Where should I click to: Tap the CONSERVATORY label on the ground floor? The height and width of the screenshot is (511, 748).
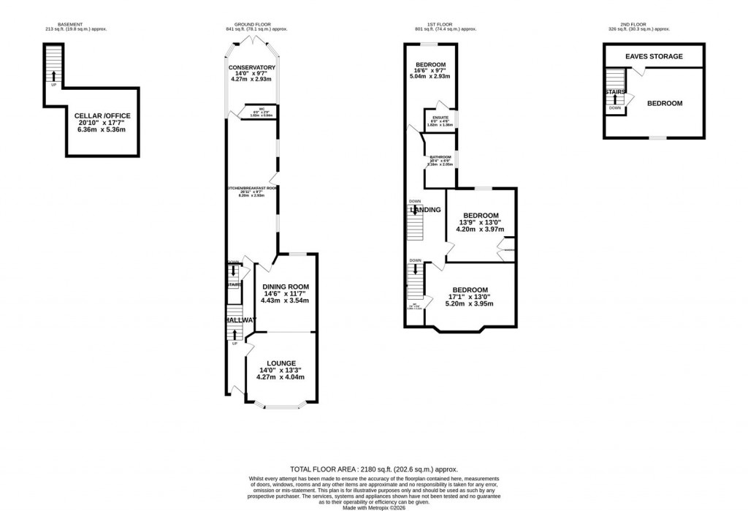[251, 67]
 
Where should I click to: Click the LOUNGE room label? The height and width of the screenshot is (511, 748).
[281, 363]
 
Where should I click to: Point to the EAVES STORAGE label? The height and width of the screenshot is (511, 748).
[654, 56]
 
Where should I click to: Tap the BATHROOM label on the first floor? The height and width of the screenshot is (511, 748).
[440, 157]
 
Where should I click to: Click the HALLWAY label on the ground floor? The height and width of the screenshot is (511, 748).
[240, 320]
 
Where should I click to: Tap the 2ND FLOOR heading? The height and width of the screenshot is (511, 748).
[638, 24]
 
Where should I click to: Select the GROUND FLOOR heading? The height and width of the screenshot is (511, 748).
[256, 24]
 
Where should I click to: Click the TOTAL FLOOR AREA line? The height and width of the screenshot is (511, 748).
[373, 470]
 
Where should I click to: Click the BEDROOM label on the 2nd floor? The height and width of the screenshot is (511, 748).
[664, 103]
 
